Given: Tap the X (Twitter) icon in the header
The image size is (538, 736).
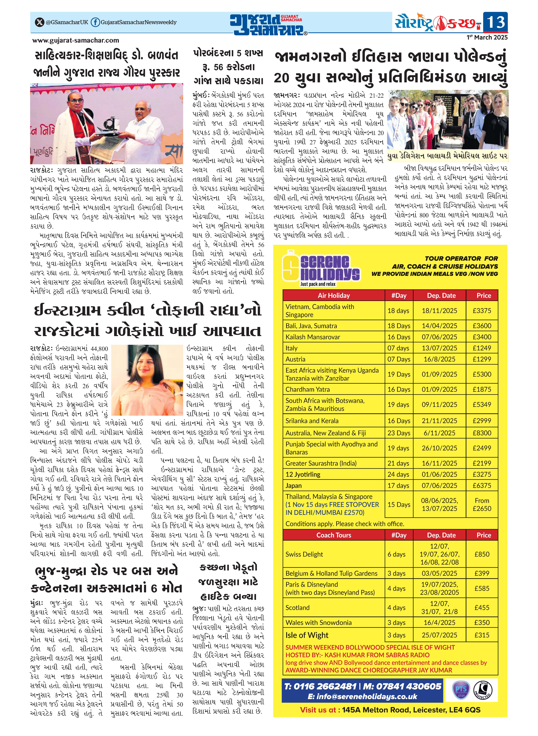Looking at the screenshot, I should pyautogui.click(x=39, y=22).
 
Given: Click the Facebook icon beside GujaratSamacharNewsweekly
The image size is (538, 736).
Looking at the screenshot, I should pyautogui.click(x=95, y=22).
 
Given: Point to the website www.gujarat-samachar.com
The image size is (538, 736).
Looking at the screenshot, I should pyautogui.click(x=76, y=40).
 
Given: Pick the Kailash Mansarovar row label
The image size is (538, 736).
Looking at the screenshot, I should pyautogui.click(x=313, y=337).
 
